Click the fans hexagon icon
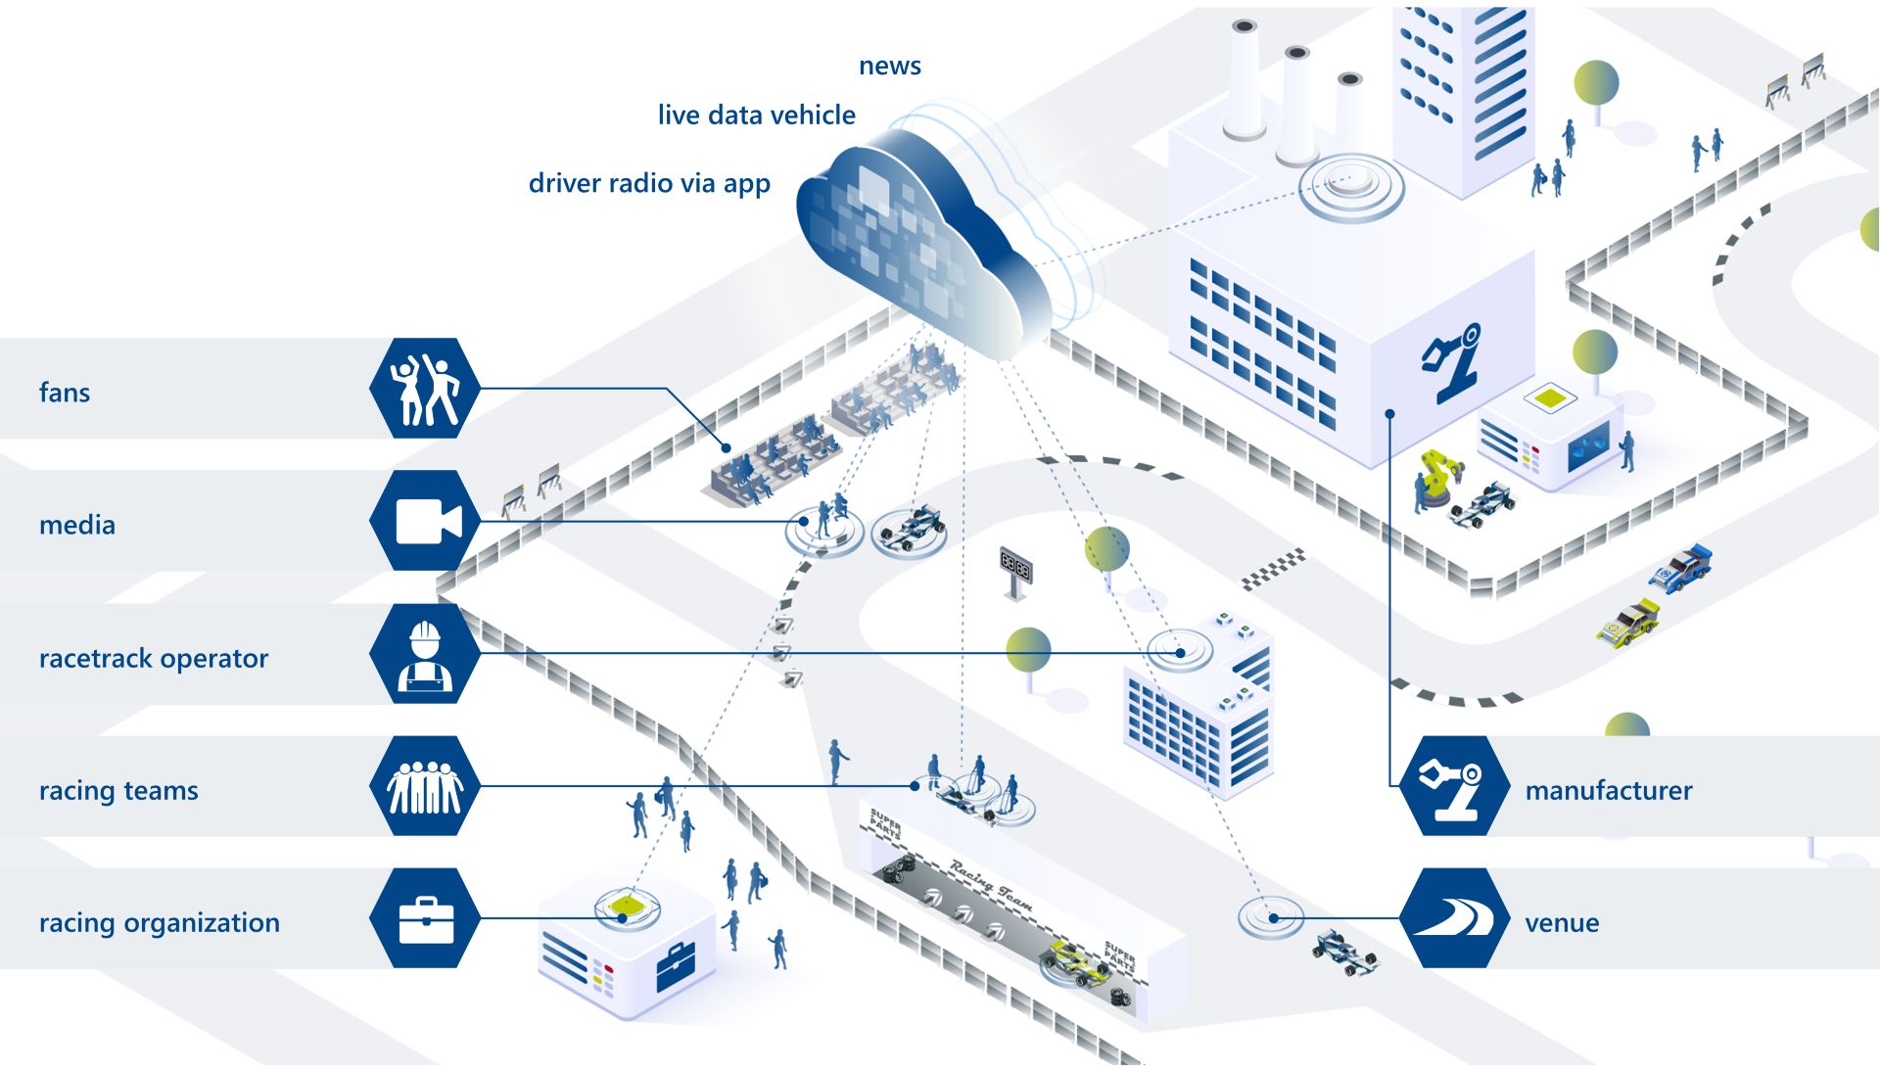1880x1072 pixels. pos(425,389)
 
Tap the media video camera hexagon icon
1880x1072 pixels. pos(425,521)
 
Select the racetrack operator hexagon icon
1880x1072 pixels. pos(425,653)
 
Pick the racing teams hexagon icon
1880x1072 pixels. pos(425,786)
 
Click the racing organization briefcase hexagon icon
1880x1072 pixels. pos(425,918)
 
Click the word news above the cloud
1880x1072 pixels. pos(889,66)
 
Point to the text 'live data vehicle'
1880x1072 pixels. pos(756,116)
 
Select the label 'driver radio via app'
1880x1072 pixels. pos(649,183)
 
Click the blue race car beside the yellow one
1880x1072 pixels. pos(1682,569)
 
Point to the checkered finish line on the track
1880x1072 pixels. pos(1274,569)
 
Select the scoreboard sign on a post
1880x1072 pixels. pos(1015,568)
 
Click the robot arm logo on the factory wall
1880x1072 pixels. pos(1453,362)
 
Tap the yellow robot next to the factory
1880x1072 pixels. pos(1435,477)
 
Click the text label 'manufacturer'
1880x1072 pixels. pos(1608,790)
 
